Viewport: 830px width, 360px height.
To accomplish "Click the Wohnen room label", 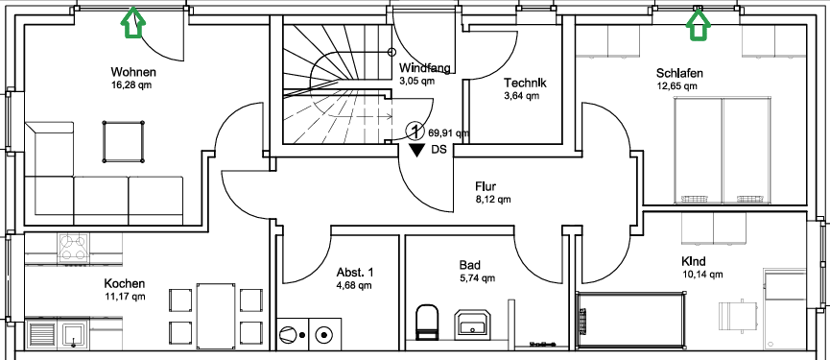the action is (133, 71).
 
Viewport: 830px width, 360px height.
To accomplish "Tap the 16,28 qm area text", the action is (133, 84).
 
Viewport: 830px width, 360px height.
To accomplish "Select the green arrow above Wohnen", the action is (132, 23).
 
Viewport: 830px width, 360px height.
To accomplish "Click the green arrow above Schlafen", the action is (699, 24).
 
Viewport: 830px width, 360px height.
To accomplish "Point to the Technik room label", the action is (525, 84).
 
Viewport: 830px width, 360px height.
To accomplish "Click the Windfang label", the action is (424, 68).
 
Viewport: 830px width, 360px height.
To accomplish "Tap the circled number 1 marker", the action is (415, 130).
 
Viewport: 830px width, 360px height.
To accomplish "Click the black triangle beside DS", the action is (417, 151).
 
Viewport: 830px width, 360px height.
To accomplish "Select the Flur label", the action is (486, 186).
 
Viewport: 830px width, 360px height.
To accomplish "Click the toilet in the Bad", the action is (427, 321).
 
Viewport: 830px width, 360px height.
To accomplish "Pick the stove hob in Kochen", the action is (74, 249).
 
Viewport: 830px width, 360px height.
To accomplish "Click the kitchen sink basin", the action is (73, 335).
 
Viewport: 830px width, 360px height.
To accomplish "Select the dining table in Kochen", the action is (216, 316).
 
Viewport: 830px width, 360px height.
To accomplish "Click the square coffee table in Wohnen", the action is (124, 141).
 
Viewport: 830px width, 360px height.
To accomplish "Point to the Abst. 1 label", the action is (355, 272).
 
